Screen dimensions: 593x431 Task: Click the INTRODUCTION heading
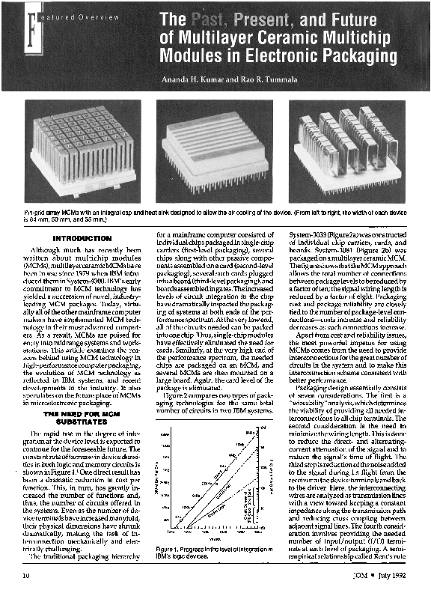(x=82, y=238)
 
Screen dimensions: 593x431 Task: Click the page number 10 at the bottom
(x=26, y=575)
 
